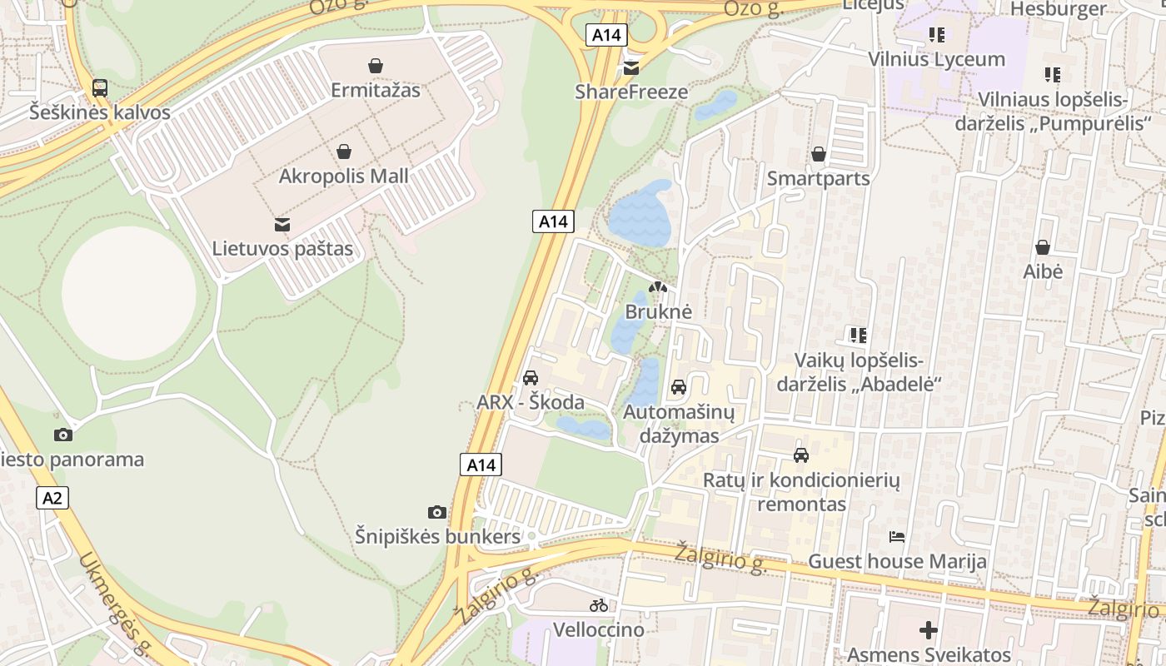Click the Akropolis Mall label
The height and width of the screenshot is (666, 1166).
pos(343,176)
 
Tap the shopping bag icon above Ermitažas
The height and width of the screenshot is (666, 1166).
pos(376,66)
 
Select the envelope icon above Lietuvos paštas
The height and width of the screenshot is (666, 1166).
pos(282,224)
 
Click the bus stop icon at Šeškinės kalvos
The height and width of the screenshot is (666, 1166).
pos(100,88)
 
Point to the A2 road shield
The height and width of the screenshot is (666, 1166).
pos(52,498)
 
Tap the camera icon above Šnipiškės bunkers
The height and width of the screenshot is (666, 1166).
pos(437,512)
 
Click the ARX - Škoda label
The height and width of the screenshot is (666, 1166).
pos(530,403)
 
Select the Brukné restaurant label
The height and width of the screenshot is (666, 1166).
pos(658,312)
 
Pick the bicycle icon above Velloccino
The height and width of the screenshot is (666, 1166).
pos(599,605)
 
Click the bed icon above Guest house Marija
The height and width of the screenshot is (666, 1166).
pos(897,537)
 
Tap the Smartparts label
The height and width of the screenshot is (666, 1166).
pos(818,178)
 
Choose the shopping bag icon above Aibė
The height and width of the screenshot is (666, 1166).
pos(1042,247)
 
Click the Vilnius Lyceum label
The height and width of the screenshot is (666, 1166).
pos(936,59)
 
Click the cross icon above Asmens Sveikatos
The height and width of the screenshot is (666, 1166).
pos(929,630)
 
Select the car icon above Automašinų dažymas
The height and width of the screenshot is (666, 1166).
pos(679,387)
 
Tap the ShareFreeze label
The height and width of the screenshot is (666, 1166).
pos(631,92)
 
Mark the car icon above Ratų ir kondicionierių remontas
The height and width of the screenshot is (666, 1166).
pos(801,455)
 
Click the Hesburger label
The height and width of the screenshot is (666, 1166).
pos(1058,9)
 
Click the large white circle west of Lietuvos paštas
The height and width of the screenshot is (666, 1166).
pos(129,293)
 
